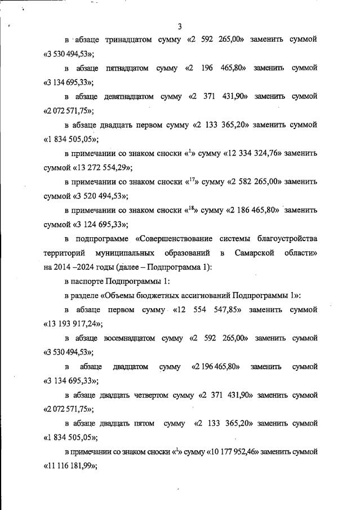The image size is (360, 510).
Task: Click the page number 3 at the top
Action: click(180, 26)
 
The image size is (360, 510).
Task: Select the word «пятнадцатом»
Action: click(127, 68)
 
